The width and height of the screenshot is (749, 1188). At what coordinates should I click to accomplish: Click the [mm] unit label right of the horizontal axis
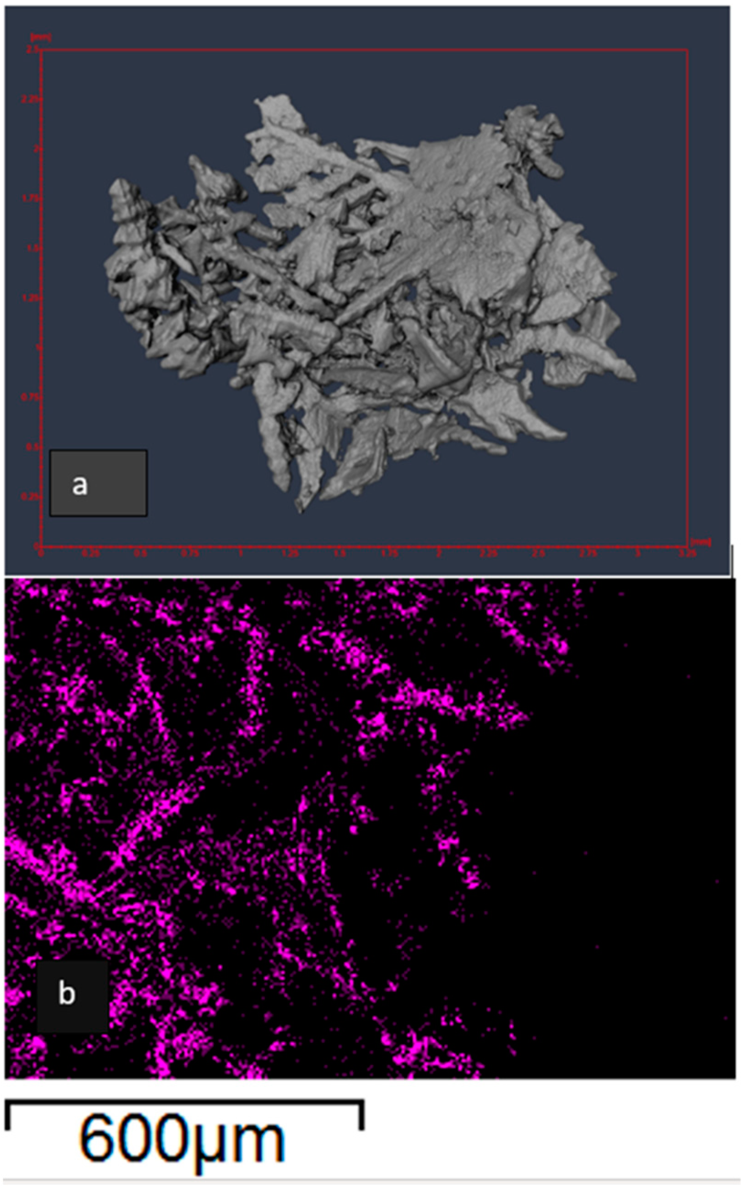pyautogui.click(x=701, y=542)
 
